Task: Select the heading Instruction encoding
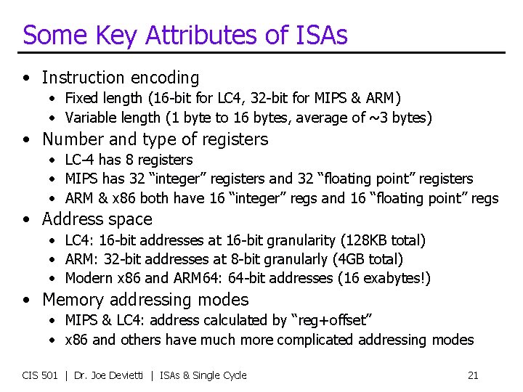120,78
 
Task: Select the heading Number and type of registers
155,139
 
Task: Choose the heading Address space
97,219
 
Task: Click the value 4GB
354,259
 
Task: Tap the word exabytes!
398,278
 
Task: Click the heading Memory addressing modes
145,300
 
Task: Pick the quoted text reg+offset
338,320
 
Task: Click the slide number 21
473,375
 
